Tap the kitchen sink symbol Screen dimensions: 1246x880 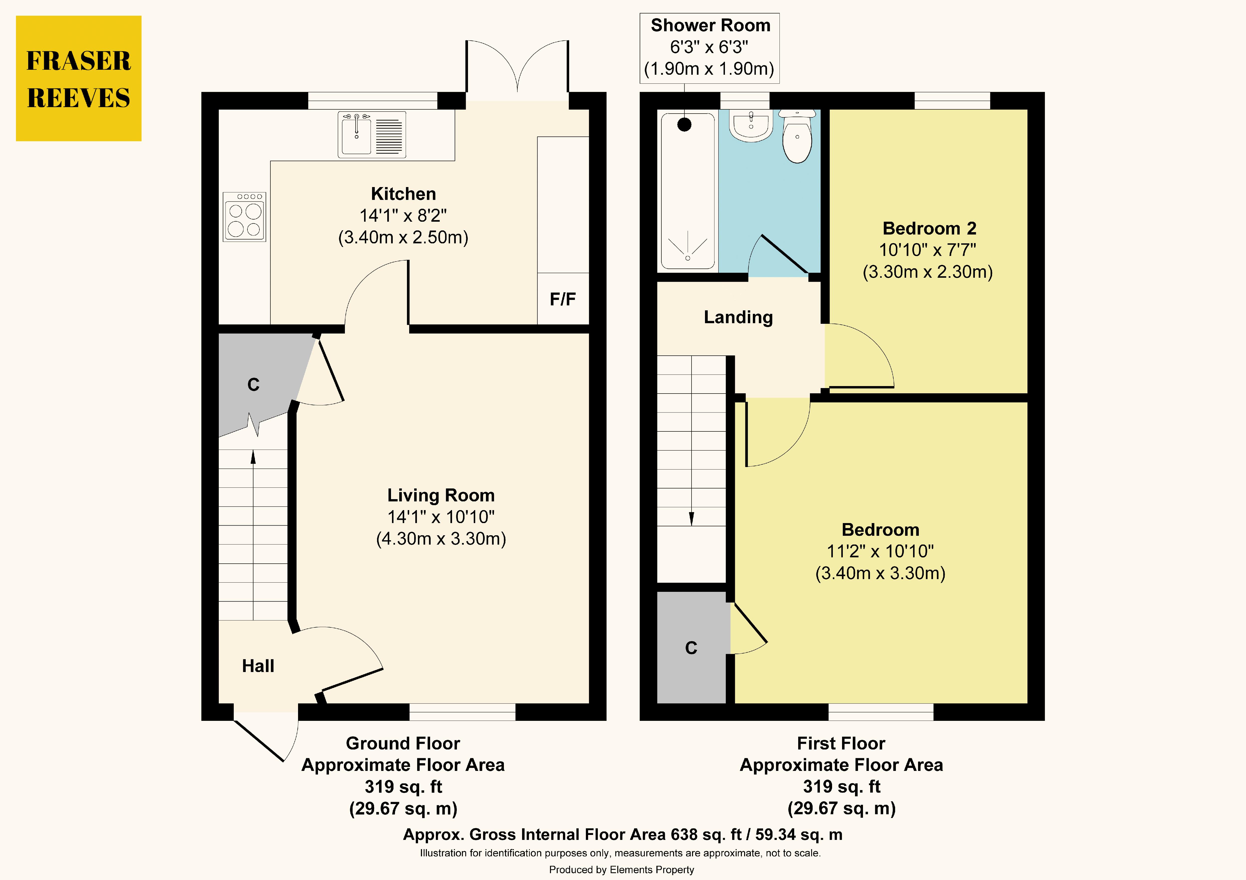pos(372,135)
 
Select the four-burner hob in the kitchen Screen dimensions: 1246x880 pos(244,216)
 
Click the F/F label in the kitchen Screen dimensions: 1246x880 pos(563,299)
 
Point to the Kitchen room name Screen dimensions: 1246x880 pos(403,194)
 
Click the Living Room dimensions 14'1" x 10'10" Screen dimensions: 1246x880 pos(441,517)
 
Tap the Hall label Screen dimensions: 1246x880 pos(258,666)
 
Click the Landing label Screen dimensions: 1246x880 pos(738,317)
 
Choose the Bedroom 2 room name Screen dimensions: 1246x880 pos(929,228)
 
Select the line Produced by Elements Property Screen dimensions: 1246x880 pos(621,870)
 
